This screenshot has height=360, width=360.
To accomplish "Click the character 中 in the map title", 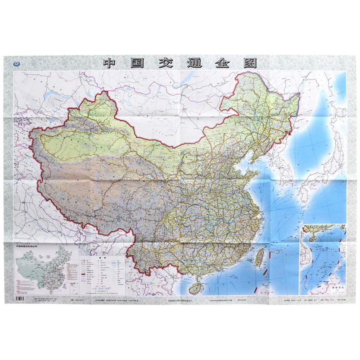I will [110, 63].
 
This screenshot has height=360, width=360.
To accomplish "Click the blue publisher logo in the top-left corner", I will [18, 64].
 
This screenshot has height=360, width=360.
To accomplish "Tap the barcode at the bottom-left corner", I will [21, 299].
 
